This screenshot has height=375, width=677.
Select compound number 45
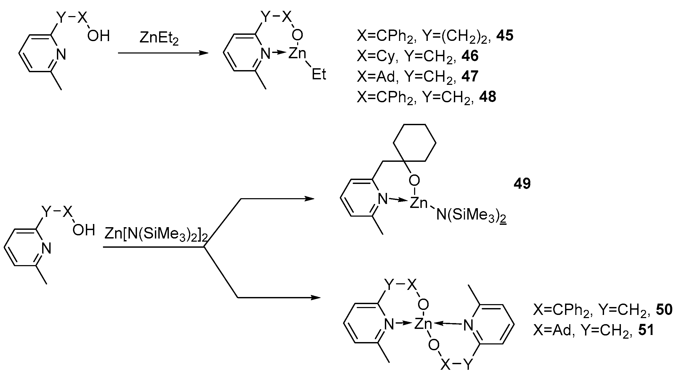tap(505, 36)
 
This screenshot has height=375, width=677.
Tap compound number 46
tap(470, 56)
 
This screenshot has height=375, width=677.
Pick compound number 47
tap(470, 76)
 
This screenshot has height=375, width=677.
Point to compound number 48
tap(488, 97)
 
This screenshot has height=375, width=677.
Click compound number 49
tap(522, 183)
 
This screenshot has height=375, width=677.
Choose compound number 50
tap(664, 310)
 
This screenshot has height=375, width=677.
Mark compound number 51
tap(646, 330)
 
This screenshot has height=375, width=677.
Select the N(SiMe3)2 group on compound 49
tap(472, 216)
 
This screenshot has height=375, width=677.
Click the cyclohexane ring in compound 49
tap(414, 143)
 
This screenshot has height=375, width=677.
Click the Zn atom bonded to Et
tap(297, 53)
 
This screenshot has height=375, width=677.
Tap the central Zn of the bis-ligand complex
tap(423, 324)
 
